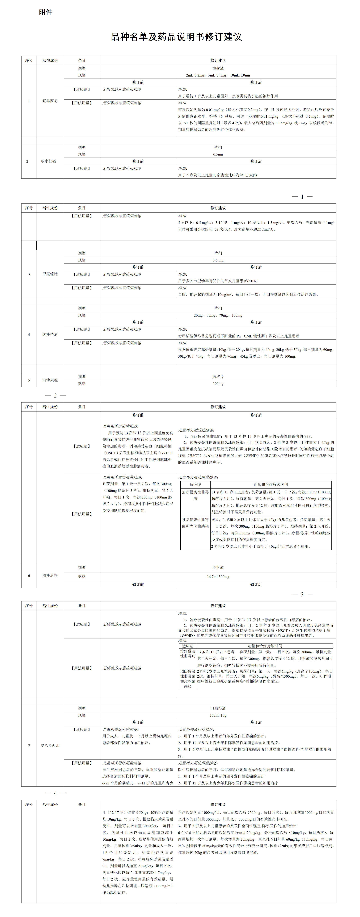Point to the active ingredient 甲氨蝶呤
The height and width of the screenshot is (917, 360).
(50, 274)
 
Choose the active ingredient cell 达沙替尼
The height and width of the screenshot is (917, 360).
(50, 334)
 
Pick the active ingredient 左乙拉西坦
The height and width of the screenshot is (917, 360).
(50, 745)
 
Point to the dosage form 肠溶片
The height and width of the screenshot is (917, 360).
(218, 377)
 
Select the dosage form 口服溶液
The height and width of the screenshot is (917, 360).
(218, 708)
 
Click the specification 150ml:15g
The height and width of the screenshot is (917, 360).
(218, 715)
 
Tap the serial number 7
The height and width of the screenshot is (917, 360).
(29, 745)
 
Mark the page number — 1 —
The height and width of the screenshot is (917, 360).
(302, 196)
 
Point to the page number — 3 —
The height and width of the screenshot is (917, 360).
(302, 594)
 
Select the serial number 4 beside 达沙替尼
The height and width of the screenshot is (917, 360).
(29, 334)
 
